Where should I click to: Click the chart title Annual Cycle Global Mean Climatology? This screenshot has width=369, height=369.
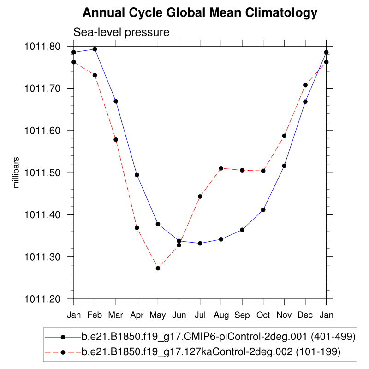tap(200, 13)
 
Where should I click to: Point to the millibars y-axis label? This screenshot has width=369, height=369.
tap(17, 172)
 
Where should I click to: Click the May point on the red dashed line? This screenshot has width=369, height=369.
tap(158, 268)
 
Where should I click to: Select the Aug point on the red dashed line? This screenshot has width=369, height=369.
tap(221, 168)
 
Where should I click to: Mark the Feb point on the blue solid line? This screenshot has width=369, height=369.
tap(95, 49)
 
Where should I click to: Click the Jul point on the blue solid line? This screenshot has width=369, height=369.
tap(200, 243)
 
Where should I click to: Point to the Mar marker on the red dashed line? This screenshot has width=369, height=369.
tap(116, 140)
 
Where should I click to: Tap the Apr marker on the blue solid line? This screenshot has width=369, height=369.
tap(137, 175)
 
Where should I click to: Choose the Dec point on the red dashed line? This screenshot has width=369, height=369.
tap(305, 85)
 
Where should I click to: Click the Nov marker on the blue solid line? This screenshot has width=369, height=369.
tap(284, 166)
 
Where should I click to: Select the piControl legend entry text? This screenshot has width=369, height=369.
tap(218, 337)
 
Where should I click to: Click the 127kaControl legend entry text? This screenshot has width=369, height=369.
tap(211, 352)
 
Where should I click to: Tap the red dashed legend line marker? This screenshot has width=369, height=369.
tap(63, 352)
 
